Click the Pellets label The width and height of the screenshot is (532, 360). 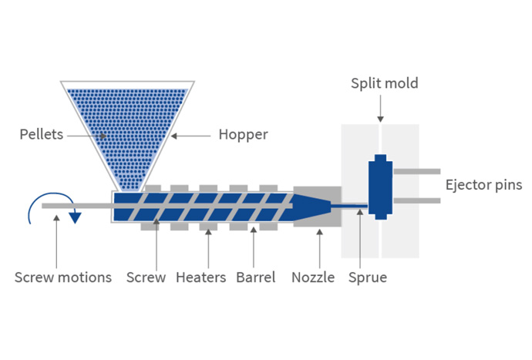pos(42,134)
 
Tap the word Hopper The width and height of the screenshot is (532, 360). pos(244,135)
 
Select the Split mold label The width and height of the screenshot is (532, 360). pos(385,83)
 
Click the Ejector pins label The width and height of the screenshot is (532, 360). pos(484,185)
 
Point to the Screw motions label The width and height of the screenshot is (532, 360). pos(63,278)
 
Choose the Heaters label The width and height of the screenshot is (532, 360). pos(201,278)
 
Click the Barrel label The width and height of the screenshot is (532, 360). pos(256,278)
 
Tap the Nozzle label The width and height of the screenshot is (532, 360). pos(313,278)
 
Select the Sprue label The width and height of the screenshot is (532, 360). pos(368,278)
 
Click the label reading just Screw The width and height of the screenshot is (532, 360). pos(146,278)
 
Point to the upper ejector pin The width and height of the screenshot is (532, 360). pos(417,171)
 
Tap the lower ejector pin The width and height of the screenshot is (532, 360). pos(417,201)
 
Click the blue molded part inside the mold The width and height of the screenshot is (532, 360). pos(380,187)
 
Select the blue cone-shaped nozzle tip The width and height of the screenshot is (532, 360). pos(312,207)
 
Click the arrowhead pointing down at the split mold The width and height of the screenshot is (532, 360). pos(380,119)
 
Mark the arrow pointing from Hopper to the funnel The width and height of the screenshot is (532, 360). pos(190,136)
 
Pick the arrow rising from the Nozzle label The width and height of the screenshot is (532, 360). pos(320,249)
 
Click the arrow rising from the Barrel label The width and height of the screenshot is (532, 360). pos(254,247)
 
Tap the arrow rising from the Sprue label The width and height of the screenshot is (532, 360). pos(360,239)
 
